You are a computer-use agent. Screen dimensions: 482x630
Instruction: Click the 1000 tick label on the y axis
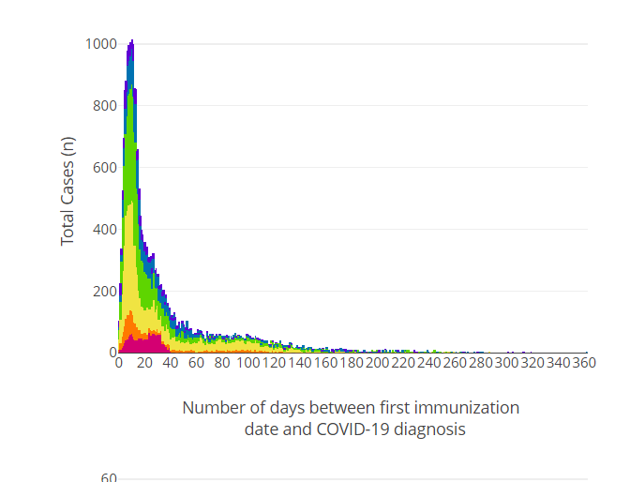click(x=100, y=43)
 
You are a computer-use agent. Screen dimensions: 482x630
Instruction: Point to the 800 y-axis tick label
click(x=103, y=105)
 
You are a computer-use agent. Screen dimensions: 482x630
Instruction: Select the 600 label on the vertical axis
click(x=103, y=167)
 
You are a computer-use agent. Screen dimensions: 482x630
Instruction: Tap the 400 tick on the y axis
click(x=103, y=229)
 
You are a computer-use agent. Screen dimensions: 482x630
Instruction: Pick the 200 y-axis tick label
click(x=103, y=291)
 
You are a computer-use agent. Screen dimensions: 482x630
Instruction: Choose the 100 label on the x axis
click(x=248, y=363)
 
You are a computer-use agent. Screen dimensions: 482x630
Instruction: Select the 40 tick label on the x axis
click(x=171, y=363)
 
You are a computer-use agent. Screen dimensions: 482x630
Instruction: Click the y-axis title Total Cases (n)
click(x=67, y=190)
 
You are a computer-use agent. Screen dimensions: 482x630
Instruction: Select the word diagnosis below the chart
click(x=427, y=429)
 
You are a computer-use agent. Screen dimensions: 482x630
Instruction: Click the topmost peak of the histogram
click(x=132, y=40)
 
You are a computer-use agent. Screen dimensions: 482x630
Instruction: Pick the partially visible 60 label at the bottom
click(x=109, y=477)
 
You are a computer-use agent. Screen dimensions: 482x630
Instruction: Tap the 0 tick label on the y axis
click(x=112, y=353)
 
